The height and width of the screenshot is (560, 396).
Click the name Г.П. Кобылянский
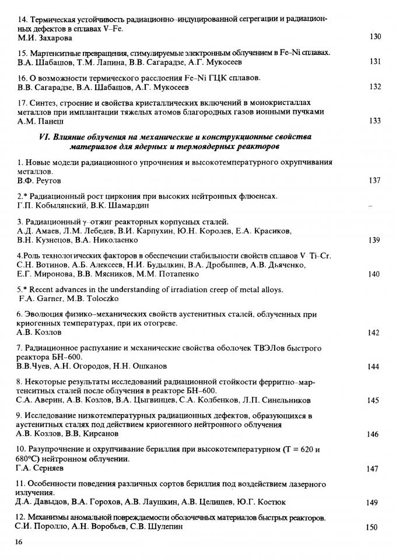coord(53,206)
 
